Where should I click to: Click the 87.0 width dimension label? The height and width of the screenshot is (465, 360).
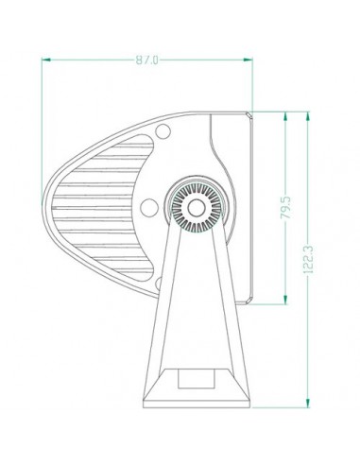coord(146,60)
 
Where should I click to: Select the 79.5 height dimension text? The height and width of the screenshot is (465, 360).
coord(285,208)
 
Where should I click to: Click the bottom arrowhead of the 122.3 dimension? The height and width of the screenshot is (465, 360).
coord(309,400)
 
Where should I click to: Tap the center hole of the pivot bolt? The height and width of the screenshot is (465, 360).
coord(196,204)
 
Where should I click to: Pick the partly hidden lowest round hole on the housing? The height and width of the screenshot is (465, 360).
coord(163,281)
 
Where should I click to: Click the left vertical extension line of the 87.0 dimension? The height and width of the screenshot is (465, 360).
coord(44,113)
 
